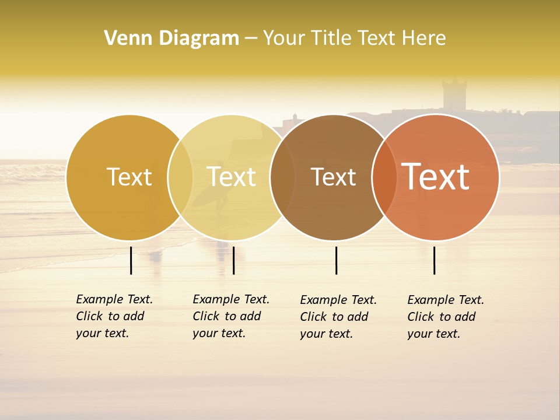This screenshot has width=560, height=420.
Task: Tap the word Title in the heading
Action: point(334,38)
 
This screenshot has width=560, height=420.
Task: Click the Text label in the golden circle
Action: point(129,177)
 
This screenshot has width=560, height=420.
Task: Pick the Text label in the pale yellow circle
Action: point(232,177)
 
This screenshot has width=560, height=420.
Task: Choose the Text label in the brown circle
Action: point(333,177)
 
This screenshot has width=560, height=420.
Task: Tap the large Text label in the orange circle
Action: point(436,177)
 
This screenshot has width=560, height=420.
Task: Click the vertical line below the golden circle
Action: point(131,260)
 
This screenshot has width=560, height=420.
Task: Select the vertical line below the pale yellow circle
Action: point(233,260)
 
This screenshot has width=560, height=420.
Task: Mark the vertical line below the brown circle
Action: point(337,260)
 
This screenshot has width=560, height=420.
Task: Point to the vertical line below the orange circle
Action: point(435,260)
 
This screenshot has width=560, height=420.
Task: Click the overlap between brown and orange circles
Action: point(384,177)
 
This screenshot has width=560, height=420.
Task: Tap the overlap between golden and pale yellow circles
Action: point(180,177)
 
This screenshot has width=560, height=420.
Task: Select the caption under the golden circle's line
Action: point(114,316)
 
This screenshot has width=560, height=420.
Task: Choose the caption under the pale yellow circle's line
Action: point(230,316)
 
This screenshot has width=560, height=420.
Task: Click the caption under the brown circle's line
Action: point(338,317)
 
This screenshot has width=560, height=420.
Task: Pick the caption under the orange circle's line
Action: point(445,317)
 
